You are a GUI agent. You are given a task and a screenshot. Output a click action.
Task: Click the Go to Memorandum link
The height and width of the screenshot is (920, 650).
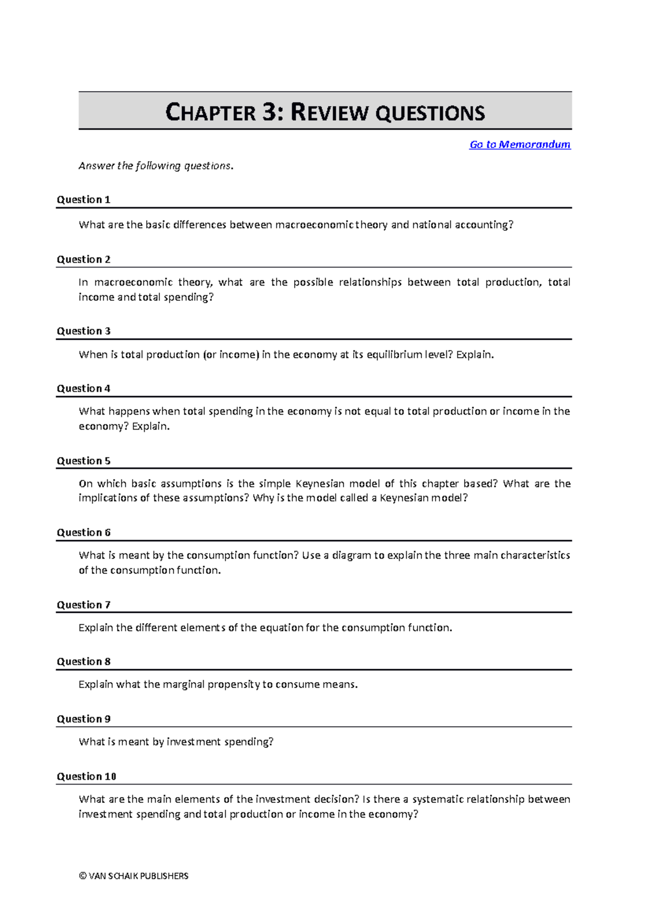click(x=519, y=145)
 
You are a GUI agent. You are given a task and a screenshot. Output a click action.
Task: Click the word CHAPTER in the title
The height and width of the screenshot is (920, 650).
click(x=210, y=113)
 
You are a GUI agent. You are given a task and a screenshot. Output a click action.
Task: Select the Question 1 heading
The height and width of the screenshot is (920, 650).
click(x=83, y=199)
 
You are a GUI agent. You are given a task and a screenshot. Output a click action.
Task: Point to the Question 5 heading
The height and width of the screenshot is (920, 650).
click(x=83, y=461)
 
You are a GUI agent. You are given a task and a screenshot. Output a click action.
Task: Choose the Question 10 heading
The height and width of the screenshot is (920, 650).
click(x=87, y=776)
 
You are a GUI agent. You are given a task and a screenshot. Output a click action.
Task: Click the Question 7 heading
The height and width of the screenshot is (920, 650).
click(x=83, y=605)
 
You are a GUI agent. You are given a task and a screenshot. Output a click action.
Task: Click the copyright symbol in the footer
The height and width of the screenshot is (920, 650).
click(x=82, y=876)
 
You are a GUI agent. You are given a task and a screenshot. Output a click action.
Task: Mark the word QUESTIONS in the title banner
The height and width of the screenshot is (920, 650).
click(x=430, y=113)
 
